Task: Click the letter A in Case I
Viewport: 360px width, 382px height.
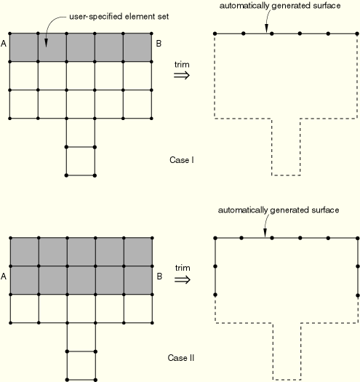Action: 4,44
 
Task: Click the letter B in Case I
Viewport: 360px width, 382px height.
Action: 159,44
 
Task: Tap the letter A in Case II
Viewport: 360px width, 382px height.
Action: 4,276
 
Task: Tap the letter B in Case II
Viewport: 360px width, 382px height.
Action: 159,276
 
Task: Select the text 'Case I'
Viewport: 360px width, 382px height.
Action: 182,160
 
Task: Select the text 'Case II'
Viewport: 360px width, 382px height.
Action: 181,358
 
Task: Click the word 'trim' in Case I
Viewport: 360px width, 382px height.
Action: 182,65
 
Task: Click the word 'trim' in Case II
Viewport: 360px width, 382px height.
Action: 183,268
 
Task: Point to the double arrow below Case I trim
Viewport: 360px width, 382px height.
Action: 182,75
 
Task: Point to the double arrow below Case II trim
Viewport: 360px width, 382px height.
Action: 183,279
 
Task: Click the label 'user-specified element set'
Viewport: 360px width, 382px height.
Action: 119,17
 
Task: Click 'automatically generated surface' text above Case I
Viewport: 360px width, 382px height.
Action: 280,6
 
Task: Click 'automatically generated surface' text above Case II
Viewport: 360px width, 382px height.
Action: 279,210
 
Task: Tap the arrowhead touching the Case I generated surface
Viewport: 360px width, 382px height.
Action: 266,29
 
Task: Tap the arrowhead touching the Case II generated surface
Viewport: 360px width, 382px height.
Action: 265,233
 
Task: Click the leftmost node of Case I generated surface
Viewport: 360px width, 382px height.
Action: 215,33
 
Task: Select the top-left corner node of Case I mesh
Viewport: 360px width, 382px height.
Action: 9,33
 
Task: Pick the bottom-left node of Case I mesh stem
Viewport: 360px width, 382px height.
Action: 66,175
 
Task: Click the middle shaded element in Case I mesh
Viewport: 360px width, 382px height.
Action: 81,47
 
